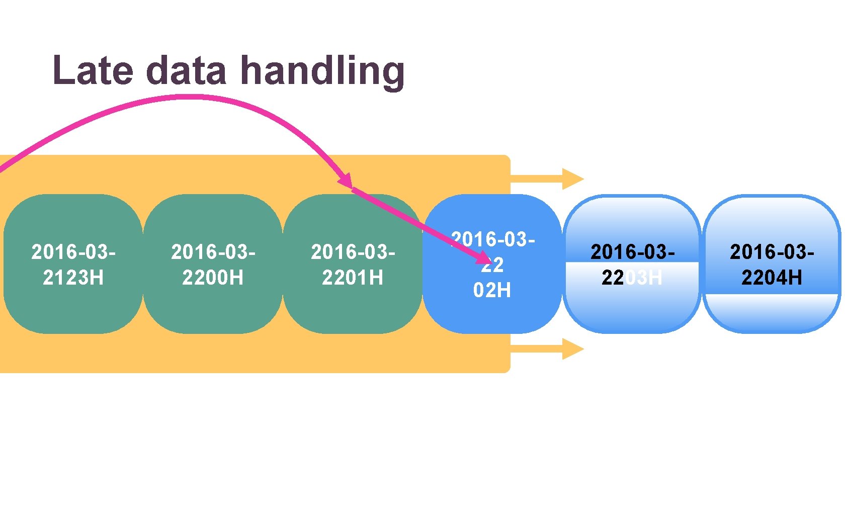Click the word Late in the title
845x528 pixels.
tap(93, 70)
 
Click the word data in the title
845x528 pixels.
tap(187, 70)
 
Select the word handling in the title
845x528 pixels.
tap(322, 70)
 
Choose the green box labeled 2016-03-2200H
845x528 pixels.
tap(213, 307)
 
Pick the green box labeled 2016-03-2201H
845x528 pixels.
tap(353, 307)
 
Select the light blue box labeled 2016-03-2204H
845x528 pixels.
tap(772, 312)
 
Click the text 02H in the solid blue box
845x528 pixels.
tap(492, 290)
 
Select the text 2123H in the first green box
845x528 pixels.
tap(73, 278)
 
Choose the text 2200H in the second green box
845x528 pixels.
tap(213, 278)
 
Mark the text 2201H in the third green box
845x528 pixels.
tap(353, 278)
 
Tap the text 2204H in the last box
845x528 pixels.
tap(772, 278)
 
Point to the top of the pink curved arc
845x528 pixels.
tap(186, 97)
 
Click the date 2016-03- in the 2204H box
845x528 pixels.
tap(772, 252)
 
